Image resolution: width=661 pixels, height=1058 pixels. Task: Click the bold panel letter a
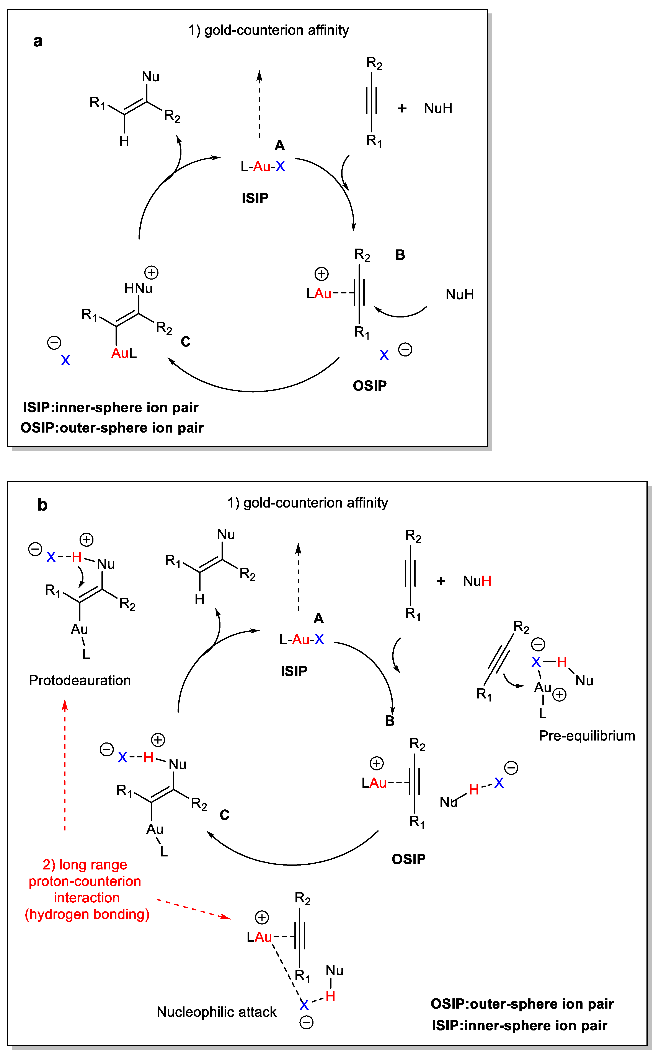38,41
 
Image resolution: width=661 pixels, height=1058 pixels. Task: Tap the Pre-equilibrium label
587,736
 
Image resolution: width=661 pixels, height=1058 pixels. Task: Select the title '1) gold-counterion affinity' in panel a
268,30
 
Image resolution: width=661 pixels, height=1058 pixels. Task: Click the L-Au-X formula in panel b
302,640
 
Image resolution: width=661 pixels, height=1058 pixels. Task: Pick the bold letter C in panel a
185,342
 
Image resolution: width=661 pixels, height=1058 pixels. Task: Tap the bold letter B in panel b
390,721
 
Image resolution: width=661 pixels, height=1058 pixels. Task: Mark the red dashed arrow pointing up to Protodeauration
65,765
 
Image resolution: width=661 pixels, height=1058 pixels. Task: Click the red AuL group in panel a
124,353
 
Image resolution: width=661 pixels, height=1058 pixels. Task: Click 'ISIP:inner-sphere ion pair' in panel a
111,408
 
